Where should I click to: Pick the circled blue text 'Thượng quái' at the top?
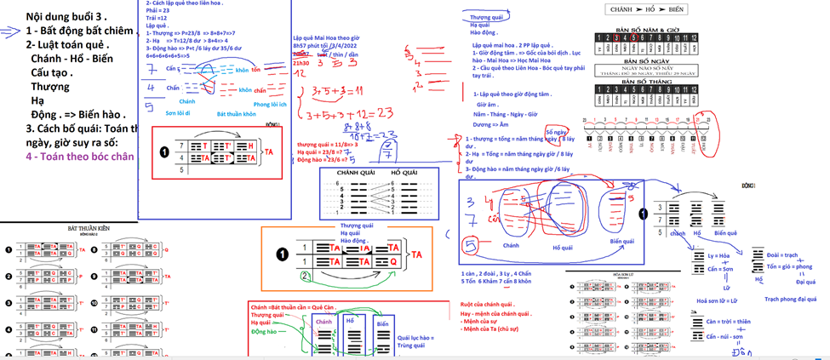pyautogui.click(x=491, y=16)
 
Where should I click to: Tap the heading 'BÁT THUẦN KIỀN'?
pyautogui.click(x=90, y=229)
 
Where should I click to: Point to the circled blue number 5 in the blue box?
pyautogui.click(x=468, y=246)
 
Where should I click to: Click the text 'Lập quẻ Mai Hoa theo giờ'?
pyautogui.click(x=326, y=38)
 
